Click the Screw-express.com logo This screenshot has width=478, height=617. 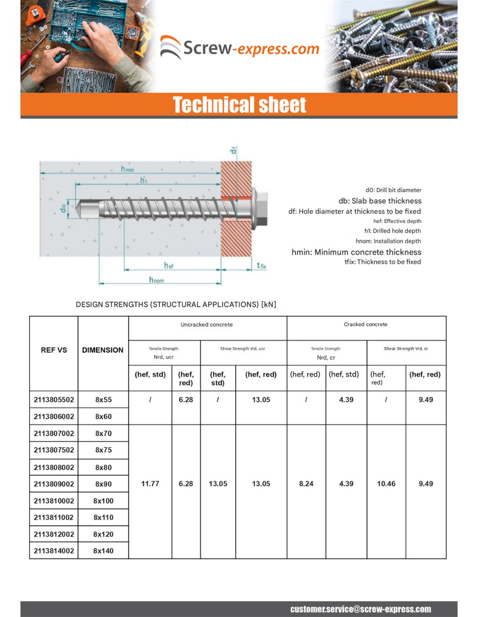point(239,48)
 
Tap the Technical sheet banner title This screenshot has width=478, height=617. point(239,105)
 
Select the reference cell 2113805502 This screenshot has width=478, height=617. point(54,400)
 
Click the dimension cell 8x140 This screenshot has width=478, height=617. point(103,551)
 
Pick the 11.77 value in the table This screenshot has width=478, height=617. point(150,484)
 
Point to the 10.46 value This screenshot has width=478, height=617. point(386,484)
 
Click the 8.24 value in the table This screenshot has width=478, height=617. point(306,484)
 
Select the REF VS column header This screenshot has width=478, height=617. point(54,350)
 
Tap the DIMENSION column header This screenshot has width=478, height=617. point(103,350)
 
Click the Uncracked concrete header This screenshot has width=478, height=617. point(206,325)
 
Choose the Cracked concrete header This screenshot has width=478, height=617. point(365,325)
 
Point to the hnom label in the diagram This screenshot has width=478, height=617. point(156,280)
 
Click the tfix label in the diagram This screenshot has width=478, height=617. point(261,266)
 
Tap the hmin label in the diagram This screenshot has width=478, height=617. point(127,169)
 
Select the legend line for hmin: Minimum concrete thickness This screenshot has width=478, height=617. point(356,252)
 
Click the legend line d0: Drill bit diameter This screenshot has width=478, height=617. point(393,190)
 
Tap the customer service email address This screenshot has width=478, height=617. point(360,609)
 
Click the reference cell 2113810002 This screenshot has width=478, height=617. point(54,501)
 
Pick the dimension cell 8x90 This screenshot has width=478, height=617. point(103,484)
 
